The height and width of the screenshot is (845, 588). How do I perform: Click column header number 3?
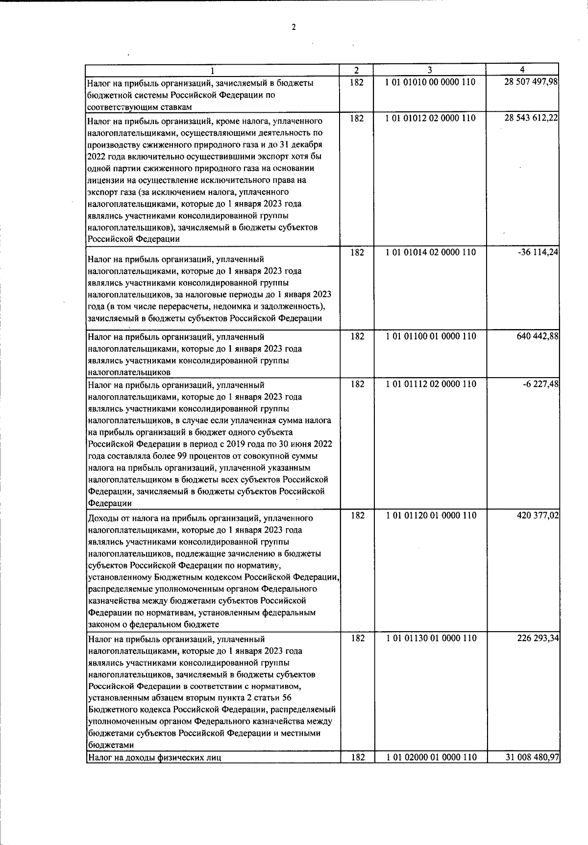coord(429,70)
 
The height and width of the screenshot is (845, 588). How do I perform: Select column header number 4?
coord(522,70)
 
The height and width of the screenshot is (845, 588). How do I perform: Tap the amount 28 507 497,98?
coord(531,82)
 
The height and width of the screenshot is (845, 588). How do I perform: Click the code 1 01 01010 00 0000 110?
coord(430,82)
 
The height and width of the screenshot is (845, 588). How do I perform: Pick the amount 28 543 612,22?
coord(531,118)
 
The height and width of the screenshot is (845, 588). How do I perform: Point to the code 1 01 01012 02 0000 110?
coord(430,118)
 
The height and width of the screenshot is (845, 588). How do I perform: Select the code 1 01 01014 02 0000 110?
coord(430,252)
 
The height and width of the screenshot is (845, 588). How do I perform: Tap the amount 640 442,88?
coord(535,336)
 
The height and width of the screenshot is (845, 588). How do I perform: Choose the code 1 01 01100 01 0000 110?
coord(430,336)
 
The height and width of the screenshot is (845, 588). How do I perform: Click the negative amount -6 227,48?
coord(540,384)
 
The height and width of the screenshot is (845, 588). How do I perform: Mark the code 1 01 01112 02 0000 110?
coord(430,384)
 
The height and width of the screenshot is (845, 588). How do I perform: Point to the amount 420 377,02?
coord(535,515)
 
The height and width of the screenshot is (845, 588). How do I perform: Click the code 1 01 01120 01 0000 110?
coord(430,515)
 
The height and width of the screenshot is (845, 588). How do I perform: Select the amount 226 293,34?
coord(535,639)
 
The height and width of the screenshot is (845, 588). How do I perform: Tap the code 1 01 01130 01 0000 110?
coord(430,639)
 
